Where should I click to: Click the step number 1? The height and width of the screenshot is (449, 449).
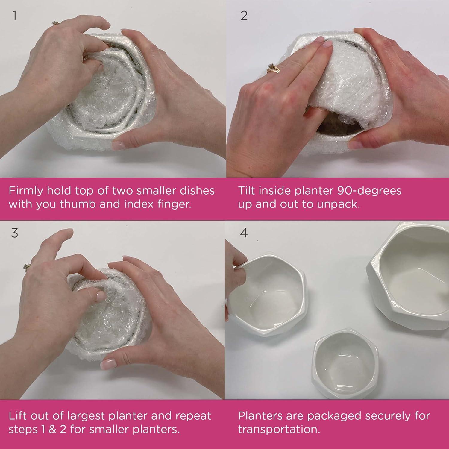click(x=14, y=16)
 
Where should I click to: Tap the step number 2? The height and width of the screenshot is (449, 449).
click(x=244, y=16)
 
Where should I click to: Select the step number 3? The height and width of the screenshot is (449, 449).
click(x=14, y=233)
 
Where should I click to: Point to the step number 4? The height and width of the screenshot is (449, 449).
click(x=244, y=233)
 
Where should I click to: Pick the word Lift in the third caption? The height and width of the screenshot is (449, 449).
click(x=17, y=416)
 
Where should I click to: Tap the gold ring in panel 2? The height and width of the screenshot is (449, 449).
click(x=274, y=68)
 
